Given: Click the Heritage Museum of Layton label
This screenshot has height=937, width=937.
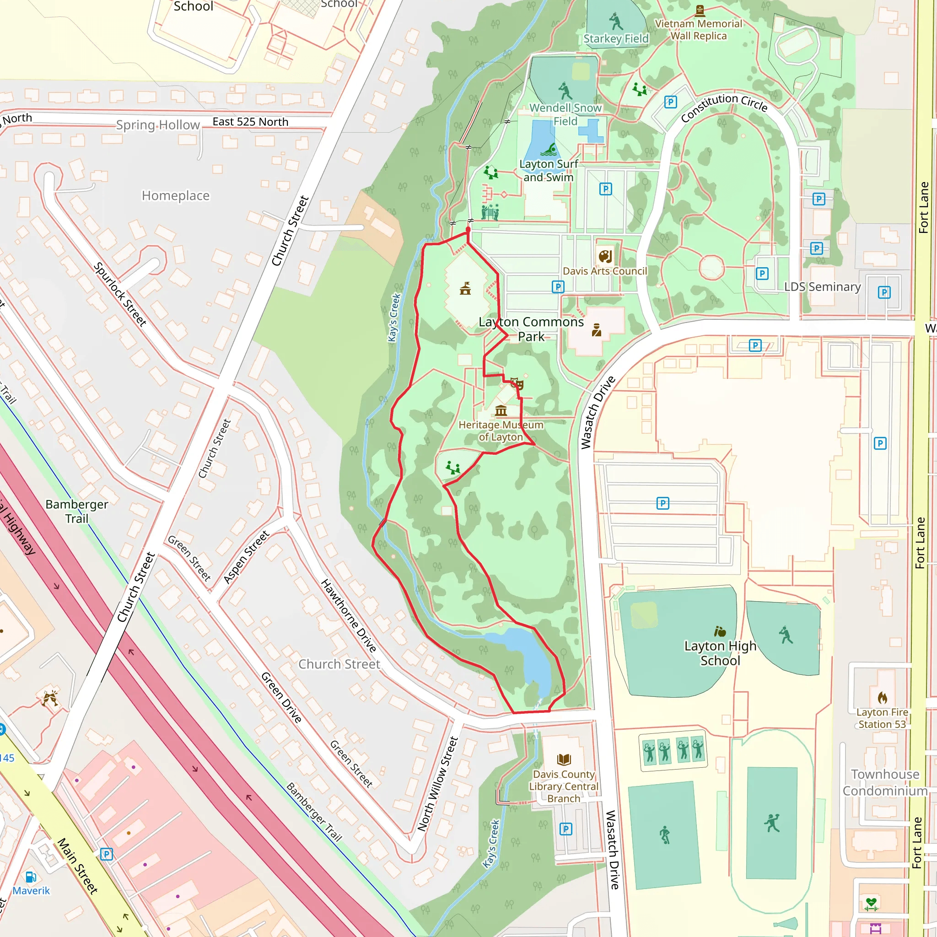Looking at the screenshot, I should point(501,431).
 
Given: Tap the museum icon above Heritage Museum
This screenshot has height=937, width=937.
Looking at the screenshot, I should point(501,411).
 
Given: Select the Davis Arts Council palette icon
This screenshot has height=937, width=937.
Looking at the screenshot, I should point(605,256).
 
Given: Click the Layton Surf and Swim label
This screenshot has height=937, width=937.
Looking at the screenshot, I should point(549,171).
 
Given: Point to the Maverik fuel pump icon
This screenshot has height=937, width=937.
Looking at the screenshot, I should point(31,877).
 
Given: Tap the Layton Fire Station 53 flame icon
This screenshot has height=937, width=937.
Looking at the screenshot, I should point(882,698).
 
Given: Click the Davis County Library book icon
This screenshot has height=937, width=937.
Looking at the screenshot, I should point(564,759).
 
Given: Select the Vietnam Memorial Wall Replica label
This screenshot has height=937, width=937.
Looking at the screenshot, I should point(698,30).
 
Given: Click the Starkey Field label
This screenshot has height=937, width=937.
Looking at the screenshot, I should point(615,39).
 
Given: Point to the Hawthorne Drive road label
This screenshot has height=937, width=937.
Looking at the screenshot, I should point(348,615).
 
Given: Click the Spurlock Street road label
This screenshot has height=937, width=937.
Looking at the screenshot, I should point(119,294).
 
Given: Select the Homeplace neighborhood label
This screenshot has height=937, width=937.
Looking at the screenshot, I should point(176,195).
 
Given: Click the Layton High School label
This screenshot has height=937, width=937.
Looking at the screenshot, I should point(720,653).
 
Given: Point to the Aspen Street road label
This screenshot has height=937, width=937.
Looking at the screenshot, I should point(246,557).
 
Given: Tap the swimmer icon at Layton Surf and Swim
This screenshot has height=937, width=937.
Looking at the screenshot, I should point(549,149).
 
